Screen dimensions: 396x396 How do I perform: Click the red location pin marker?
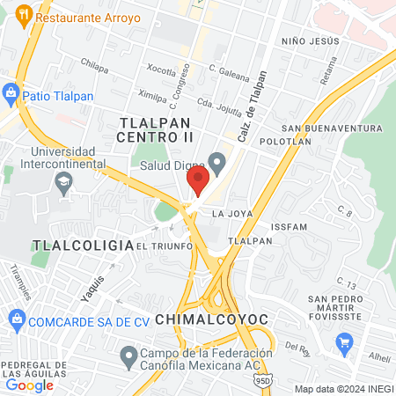point(197,181)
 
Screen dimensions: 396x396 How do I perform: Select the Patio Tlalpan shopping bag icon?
point(11,92)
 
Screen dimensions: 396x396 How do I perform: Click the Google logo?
point(29,385)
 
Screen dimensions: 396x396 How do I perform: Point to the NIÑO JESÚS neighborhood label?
point(310,41)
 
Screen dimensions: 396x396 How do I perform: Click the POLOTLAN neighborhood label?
point(286,140)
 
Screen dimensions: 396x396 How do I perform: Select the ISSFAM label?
point(290,226)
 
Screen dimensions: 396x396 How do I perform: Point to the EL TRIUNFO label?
point(165,246)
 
